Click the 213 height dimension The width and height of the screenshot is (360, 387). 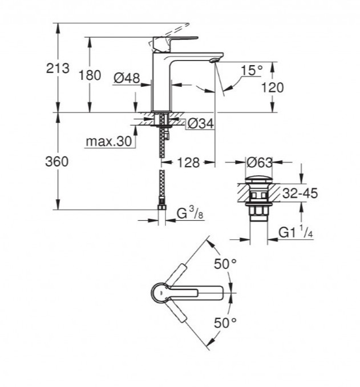click(x=58, y=68)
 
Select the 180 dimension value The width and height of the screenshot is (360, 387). click(x=90, y=75)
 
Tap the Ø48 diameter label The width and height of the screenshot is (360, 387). click(x=127, y=78)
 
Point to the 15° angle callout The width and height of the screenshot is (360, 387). click(x=252, y=70)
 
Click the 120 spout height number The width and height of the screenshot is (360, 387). click(x=272, y=87)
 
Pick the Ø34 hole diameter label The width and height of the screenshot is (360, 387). click(x=200, y=123)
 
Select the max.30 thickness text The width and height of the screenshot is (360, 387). click(x=109, y=142)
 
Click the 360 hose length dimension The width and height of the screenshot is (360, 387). click(x=56, y=162)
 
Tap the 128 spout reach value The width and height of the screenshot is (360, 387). click(x=188, y=163)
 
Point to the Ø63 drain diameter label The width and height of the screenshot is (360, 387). click(x=260, y=162)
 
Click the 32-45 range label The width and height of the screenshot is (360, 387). click(x=300, y=193)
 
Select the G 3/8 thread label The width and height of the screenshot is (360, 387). click(x=190, y=213)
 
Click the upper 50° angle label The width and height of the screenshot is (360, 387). click(x=225, y=264)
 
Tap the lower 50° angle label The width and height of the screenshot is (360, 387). click(x=225, y=322)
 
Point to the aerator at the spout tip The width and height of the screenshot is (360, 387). click(x=214, y=60)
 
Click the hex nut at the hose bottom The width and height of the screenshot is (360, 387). click(x=161, y=207)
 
